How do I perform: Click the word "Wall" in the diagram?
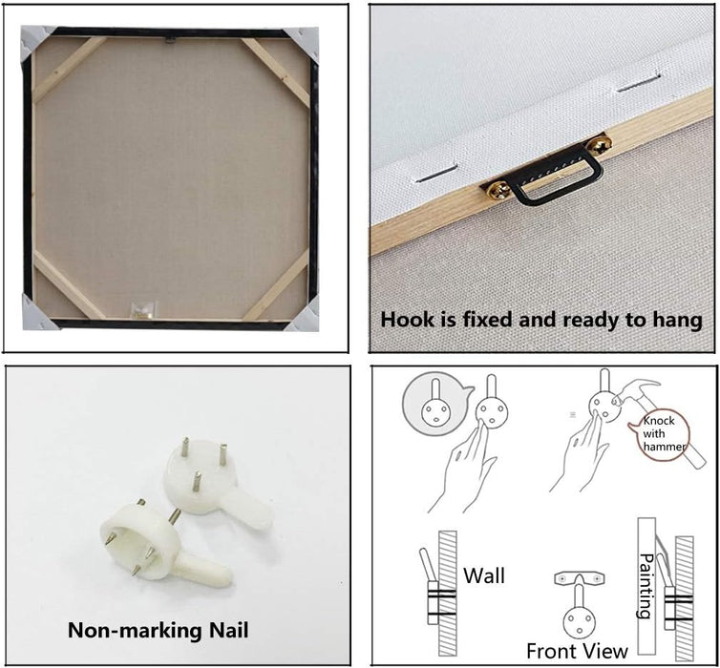tap(484, 575)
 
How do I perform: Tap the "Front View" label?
tap(577, 651)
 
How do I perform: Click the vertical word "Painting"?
tap(646, 586)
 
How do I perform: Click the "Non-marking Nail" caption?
tap(159, 631)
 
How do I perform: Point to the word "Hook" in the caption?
tap(406, 320)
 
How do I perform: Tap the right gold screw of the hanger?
tap(600, 146)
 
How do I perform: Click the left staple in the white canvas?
tap(436, 174)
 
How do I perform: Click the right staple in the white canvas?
tap(639, 83)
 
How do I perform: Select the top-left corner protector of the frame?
tap(35, 41)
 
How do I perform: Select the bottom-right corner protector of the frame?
tap(304, 315)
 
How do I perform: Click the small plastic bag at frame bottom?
tap(143, 309)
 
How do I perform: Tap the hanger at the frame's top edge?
tap(170, 39)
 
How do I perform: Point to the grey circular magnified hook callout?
tap(434, 404)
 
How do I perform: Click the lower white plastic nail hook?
tap(160, 544)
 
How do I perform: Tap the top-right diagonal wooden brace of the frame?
tap(276, 72)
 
